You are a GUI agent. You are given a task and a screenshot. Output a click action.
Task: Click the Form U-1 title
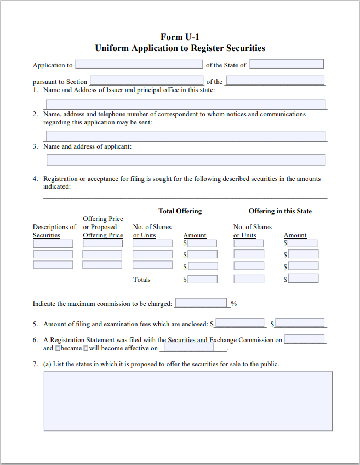point(180,37)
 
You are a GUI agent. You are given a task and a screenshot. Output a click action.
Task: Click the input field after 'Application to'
point(139,65)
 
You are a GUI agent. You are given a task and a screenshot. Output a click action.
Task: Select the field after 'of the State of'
point(287,65)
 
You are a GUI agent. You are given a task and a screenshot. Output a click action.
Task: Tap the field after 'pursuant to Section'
point(146,81)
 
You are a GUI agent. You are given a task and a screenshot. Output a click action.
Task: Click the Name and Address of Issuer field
point(186,105)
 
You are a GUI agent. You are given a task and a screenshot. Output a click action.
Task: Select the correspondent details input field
point(186,136)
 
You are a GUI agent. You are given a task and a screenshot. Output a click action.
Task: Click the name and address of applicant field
point(186,160)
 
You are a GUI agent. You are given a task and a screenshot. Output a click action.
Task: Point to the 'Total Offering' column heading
point(180,211)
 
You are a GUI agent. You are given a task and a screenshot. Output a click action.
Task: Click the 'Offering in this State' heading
point(280,211)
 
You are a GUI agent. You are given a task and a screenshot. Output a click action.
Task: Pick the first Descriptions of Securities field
point(53,243)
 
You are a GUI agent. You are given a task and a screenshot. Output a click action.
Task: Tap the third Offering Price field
point(102,265)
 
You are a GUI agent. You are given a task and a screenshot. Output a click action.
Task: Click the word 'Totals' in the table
point(142,280)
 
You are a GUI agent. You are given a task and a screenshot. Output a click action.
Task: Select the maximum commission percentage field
point(201,303)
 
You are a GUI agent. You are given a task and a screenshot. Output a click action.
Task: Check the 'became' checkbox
point(58,348)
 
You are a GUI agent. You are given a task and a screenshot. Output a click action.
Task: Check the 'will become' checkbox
point(85,348)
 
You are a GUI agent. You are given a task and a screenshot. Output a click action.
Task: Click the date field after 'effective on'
point(190,348)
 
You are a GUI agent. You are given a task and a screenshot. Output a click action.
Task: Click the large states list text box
point(187,401)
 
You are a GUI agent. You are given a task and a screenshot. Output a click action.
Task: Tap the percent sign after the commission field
point(233,304)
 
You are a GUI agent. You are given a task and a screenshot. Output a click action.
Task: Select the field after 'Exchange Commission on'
point(304,339)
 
